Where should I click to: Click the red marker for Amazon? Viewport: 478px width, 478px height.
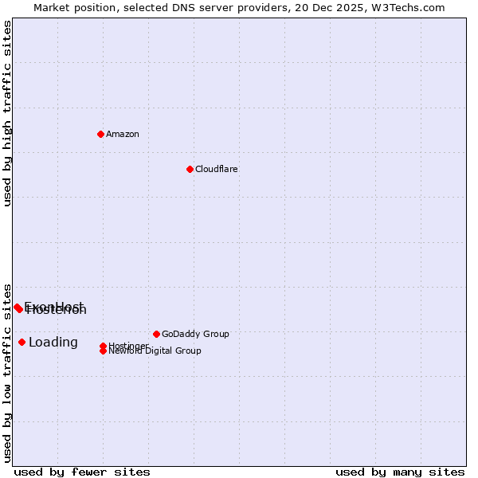100,134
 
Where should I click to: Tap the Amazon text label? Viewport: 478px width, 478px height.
122,134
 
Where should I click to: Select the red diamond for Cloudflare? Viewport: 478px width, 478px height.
190,169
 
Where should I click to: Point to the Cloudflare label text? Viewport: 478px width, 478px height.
216,169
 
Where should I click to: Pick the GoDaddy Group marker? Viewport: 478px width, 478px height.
156,334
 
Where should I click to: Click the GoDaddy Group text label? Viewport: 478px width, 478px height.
194,334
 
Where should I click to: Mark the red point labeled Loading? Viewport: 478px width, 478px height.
22,342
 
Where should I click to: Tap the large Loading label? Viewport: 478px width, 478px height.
53,343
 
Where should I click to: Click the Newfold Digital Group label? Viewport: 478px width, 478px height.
156,351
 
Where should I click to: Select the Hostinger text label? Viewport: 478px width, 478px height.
128,346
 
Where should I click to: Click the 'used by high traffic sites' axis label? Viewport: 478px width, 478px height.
8,113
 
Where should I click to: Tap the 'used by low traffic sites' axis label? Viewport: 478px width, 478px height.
8,373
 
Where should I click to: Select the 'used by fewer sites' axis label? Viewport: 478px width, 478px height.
82,472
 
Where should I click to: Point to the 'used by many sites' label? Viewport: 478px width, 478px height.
399,472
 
